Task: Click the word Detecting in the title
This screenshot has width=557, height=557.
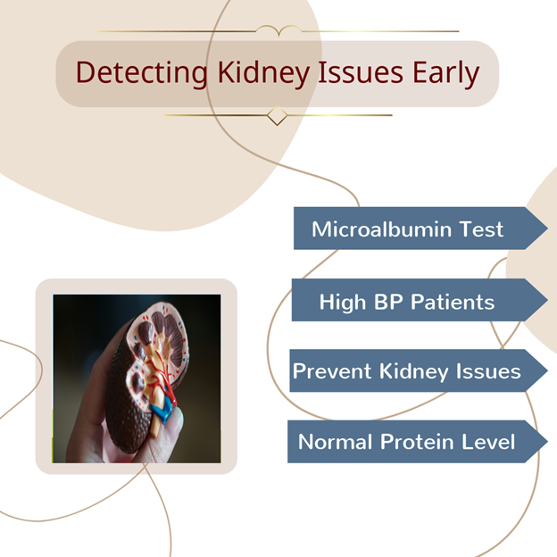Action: coord(141,73)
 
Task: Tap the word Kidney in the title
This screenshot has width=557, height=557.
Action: coord(263,73)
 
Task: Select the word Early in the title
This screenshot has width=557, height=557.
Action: coord(445,73)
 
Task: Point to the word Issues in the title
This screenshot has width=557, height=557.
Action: coord(361,72)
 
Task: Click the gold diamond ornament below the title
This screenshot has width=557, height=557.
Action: coord(277,115)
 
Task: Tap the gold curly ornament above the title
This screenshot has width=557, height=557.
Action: coord(279,30)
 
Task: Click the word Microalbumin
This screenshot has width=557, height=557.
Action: coord(381,229)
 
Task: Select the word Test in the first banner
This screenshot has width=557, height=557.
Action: coord(481,229)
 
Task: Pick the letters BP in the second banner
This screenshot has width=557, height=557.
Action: coord(388,303)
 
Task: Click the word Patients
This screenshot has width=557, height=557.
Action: coord(453,303)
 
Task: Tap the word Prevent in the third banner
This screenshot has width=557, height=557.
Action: coord(332,371)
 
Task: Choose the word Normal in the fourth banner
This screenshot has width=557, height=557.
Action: coord(336,442)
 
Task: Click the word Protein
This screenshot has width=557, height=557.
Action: coord(418,442)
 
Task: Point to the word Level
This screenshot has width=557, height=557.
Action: coord(488,442)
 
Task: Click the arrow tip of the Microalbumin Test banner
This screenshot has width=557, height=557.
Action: coord(547,228)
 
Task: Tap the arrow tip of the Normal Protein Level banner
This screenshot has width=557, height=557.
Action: coord(547,442)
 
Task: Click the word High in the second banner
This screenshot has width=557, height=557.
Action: coord(343,303)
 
